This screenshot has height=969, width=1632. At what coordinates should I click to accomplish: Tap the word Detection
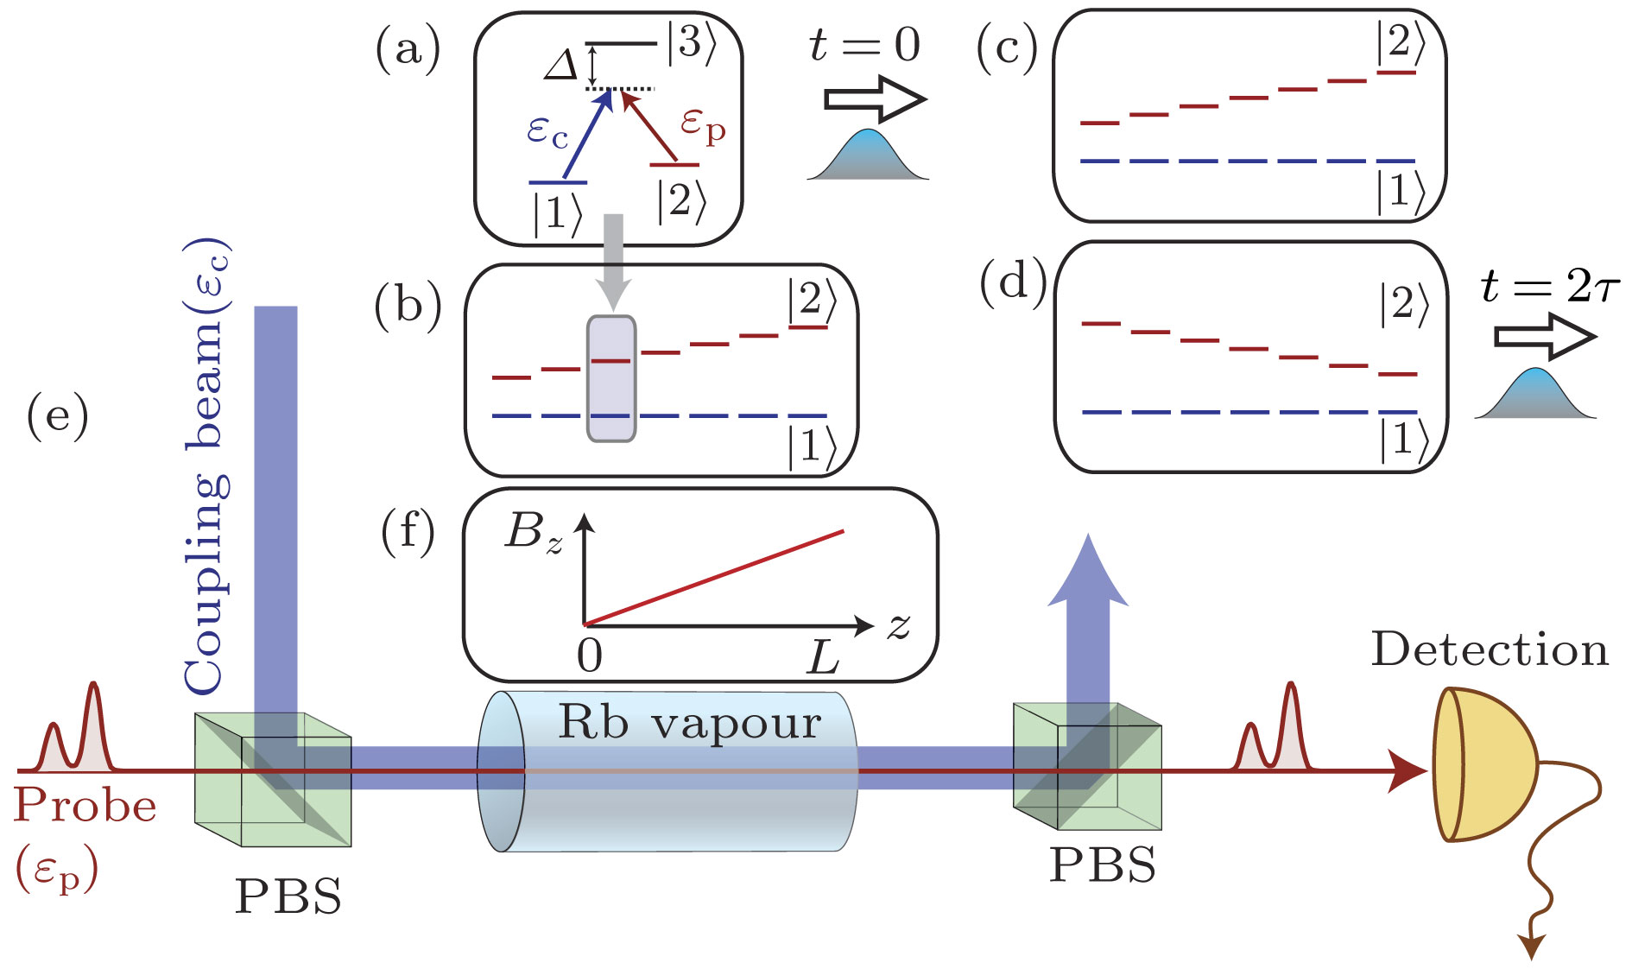pos(1490,649)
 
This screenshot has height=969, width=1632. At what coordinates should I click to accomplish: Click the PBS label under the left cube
pos(288,896)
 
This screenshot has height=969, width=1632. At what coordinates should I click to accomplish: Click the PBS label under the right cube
pos(1102,864)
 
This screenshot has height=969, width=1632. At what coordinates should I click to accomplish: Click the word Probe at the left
pos(85,805)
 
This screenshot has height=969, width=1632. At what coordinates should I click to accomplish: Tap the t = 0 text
pos(864,45)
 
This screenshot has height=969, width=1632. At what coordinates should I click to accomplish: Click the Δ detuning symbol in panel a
pos(561,66)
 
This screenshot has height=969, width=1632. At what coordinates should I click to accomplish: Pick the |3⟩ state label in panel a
pos(692,42)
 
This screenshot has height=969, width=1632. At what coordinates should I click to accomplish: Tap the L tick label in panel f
pos(822,659)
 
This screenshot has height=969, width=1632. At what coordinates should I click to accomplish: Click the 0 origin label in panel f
pos(590,656)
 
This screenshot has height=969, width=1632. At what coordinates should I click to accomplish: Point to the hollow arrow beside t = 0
pos(874,98)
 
